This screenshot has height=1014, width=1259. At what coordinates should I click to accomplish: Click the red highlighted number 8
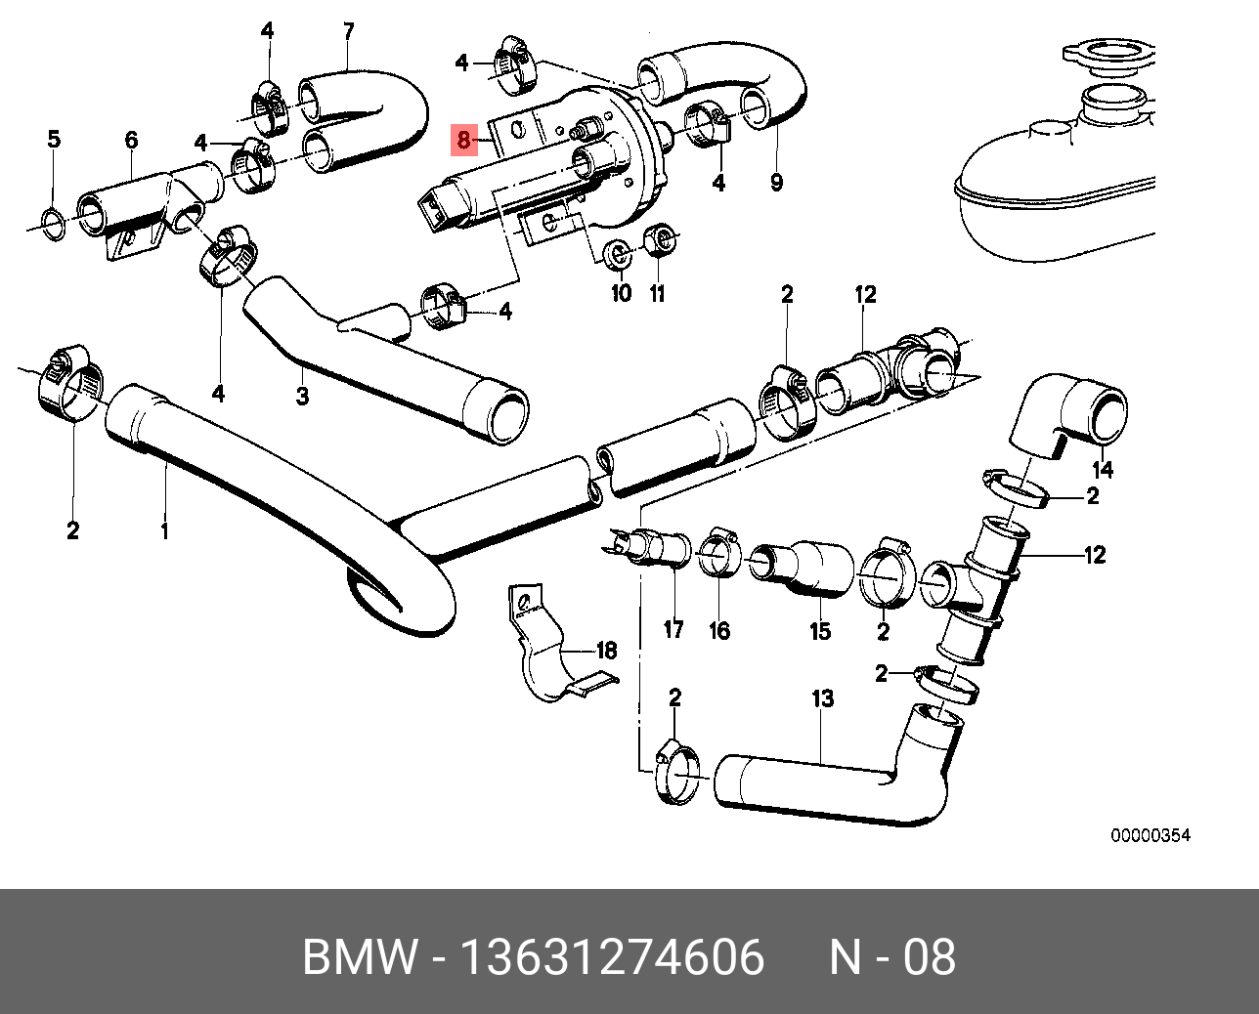pyautogui.click(x=463, y=141)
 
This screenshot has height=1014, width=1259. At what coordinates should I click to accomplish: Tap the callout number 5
pyautogui.click(x=54, y=140)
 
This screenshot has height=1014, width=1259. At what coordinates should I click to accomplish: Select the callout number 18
pyautogui.click(x=606, y=651)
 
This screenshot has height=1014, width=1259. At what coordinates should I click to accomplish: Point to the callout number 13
pyautogui.click(x=822, y=698)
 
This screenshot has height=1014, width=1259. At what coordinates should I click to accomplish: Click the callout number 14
pyautogui.click(x=1102, y=469)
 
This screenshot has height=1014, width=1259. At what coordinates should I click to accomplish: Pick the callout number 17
pyautogui.click(x=673, y=629)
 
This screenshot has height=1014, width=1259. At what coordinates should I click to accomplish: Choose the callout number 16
pyautogui.click(x=719, y=631)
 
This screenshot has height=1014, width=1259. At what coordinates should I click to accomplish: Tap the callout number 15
pyautogui.click(x=820, y=631)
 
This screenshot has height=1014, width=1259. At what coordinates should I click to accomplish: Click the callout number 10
pyautogui.click(x=621, y=292)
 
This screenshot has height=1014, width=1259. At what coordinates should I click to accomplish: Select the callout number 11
pyautogui.click(x=658, y=292)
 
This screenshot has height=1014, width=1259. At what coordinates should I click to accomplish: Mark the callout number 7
pyautogui.click(x=348, y=31)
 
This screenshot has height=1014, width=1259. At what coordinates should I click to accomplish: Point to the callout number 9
pyautogui.click(x=776, y=182)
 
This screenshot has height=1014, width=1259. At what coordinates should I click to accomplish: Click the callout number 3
pyautogui.click(x=302, y=397)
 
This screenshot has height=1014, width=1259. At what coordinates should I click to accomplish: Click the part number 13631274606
pyautogui.click(x=613, y=957)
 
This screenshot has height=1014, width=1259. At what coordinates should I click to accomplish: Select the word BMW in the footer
pyautogui.click(x=359, y=957)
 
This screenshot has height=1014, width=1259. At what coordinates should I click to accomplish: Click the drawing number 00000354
pyautogui.click(x=1150, y=836)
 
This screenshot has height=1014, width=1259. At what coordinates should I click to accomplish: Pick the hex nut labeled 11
pyautogui.click(x=662, y=238)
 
